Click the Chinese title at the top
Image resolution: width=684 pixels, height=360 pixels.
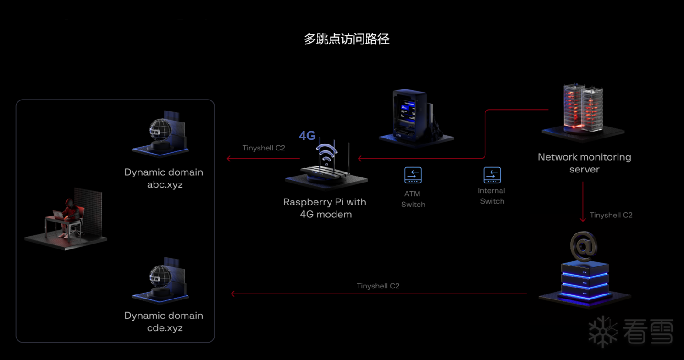tap(347, 39)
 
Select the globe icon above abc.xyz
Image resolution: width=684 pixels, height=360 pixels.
tap(160, 132)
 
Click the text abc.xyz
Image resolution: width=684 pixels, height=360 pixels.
tap(164, 185)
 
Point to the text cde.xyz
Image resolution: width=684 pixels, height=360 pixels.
tap(164, 328)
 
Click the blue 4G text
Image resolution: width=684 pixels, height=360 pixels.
tap(307, 136)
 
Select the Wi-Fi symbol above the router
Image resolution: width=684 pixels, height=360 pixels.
tap(326, 155)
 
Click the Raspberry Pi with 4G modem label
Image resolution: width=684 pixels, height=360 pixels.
tap(325, 208)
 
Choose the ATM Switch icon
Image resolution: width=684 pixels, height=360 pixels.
tap(413, 175)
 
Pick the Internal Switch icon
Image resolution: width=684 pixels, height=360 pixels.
tap(492, 175)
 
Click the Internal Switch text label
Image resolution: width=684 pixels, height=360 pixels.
tap(492, 196)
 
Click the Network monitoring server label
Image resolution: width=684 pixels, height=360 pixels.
tap(584, 163)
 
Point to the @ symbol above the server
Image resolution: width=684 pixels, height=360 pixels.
tap(583, 246)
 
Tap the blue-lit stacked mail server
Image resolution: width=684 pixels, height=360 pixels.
tap(584, 281)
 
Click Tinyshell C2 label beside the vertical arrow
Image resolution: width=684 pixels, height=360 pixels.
tap(611, 215)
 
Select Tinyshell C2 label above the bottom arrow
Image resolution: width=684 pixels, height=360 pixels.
tap(378, 286)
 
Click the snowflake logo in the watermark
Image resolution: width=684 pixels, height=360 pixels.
tap(603, 331)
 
